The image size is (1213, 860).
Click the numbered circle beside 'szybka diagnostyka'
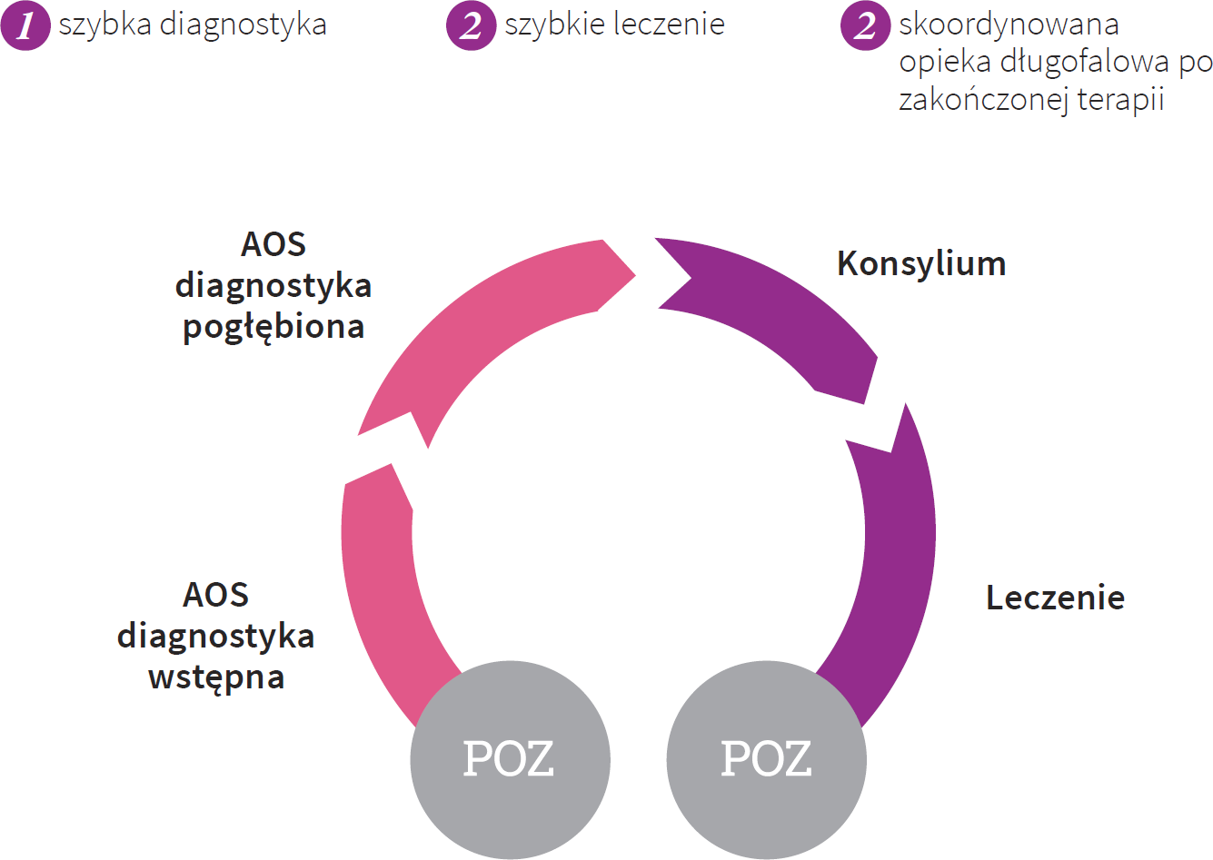[25, 25]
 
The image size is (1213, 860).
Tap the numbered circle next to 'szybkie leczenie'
[471, 25]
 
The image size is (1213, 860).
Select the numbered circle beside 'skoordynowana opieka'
[865, 25]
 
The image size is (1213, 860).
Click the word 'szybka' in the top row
[104, 25]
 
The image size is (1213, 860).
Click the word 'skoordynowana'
[1009, 25]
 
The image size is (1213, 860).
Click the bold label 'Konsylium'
[921, 263]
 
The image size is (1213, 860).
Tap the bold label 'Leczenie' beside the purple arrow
[1055, 598]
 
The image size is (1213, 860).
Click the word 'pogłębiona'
[273, 327]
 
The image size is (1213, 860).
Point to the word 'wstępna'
[216, 677]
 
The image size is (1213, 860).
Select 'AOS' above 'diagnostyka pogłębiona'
[273, 244]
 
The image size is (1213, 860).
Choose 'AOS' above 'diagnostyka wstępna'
[216, 595]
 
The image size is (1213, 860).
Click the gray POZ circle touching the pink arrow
[510, 759]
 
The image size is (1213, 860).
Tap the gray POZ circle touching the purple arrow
[766, 759]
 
